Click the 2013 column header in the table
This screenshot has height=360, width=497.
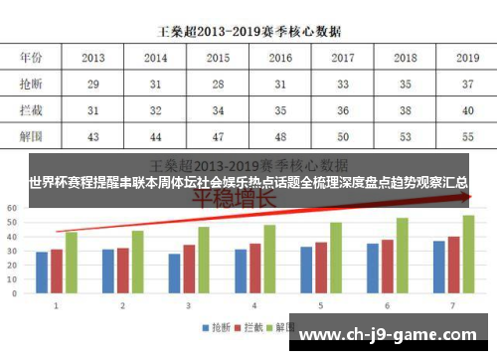[x=94, y=59]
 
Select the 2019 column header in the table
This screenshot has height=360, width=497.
[x=467, y=59]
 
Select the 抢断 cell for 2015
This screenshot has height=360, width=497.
[x=218, y=86]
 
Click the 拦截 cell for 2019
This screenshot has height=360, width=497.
[x=467, y=110]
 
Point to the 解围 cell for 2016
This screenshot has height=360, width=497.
[x=280, y=135]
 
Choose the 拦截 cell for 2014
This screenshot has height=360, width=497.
[x=156, y=110]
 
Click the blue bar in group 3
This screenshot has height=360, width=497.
[x=175, y=273]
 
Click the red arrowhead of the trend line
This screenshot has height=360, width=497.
[x=466, y=198]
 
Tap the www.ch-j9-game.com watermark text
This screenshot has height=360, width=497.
[x=395, y=336]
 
